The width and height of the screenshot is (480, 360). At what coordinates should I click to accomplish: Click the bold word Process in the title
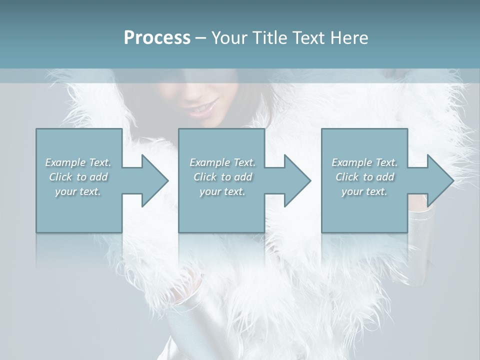coord(157,38)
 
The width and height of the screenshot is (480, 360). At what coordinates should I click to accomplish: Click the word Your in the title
coord(228,38)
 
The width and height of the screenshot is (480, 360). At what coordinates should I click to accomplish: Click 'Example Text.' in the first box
coord(78,162)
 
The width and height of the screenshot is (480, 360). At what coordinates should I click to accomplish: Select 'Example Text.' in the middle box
coord(222,162)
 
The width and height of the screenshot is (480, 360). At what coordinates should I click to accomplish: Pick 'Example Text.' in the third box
coord(364,162)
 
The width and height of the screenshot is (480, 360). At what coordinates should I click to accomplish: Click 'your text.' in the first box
coord(78,191)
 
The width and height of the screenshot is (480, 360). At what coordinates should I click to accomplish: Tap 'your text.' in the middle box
coord(222,191)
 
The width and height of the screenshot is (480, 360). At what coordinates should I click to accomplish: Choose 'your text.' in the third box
coord(364,191)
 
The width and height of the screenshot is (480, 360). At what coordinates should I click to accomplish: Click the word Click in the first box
coord(60,177)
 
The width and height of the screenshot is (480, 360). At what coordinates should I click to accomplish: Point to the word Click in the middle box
coord(205,177)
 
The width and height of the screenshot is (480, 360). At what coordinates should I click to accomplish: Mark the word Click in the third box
coord(347,177)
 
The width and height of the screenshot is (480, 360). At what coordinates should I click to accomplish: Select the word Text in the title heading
coord(306,38)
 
